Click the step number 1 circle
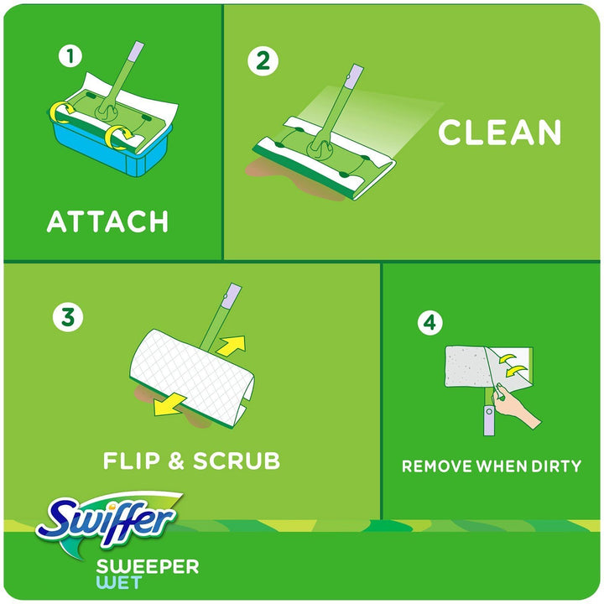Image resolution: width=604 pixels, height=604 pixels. pos(70,56)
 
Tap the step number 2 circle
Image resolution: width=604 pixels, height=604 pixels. pos(263,60)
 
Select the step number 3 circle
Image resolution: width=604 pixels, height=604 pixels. pos(68,317)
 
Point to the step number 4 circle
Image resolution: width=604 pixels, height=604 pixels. pos(430,322)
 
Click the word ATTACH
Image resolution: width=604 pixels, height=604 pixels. pos(107,221)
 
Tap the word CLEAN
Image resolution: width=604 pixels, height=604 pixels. pos(500,132)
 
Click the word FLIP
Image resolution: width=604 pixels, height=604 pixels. pos(131,461)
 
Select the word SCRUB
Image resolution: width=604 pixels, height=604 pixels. pos(236,461)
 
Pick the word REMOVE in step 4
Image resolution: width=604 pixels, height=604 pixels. pos(436,466)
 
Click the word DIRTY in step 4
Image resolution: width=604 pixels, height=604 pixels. pos(557,466)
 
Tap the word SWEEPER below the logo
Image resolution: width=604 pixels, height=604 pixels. pos(148,566)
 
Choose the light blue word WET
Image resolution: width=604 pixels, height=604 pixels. pos(119,582)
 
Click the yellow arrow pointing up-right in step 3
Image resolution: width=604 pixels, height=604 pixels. pos(232,345)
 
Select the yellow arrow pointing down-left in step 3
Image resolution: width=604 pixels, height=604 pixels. pos(169,405)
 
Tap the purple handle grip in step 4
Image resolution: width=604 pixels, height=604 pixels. pos(489,420)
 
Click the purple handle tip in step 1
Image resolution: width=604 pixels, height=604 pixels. pos(136,51)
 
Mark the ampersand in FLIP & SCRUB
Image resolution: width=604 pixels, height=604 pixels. pos(176,461)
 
